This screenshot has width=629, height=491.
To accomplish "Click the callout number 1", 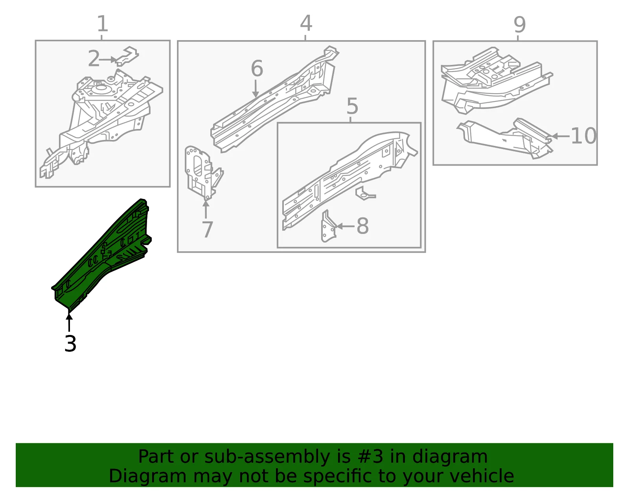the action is point(103,24).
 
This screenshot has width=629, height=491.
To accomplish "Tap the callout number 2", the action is point(94,58).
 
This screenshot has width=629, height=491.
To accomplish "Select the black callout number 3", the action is point(70,344).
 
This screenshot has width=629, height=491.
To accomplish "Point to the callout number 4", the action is point(306,23).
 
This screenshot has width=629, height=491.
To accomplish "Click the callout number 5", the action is point(352,106).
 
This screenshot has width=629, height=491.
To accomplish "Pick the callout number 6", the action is point(257,68).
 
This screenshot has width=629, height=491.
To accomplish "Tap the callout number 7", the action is point(207,230).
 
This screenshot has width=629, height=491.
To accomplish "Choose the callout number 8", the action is point(363,226).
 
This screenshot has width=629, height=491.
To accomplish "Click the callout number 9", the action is point(520,25).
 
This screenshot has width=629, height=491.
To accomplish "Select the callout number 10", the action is point(583,135).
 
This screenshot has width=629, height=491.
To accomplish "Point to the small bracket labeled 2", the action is point(127,56).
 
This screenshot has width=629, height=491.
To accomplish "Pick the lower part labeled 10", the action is point(505,138).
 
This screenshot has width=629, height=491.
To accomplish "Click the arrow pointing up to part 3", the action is point(69,322).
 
